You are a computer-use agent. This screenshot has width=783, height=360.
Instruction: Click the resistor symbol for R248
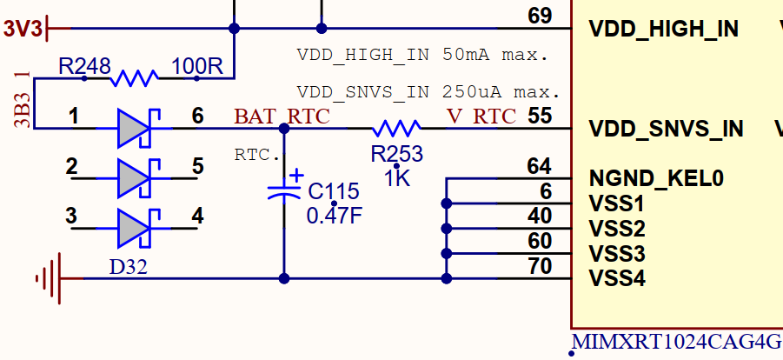(x=134, y=79)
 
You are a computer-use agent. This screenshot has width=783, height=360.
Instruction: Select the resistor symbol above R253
(x=396, y=130)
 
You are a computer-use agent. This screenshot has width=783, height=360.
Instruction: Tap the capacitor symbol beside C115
(x=284, y=190)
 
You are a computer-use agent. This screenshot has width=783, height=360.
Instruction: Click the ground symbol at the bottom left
(x=50, y=278)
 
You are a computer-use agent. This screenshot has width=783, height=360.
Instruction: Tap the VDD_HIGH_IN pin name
(x=663, y=29)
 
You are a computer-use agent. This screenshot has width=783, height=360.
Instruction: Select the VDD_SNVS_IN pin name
(x=666, y=130)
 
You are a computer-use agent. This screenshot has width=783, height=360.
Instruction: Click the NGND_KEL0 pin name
(x=656, y=179)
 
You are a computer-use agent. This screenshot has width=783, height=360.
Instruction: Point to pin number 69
(x=540, y=16)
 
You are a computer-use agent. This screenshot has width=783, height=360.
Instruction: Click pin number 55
(x=540, y=116)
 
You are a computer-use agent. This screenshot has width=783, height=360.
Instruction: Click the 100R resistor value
(x=197, y=65)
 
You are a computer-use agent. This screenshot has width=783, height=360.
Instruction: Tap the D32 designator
(x=128, y=266)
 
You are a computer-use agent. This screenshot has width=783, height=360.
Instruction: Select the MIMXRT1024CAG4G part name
(x=676, y=341)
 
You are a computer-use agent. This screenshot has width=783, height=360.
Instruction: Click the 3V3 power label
(x=22, y=29)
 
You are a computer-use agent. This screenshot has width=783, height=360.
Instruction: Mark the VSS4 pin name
(x=617, y=279)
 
